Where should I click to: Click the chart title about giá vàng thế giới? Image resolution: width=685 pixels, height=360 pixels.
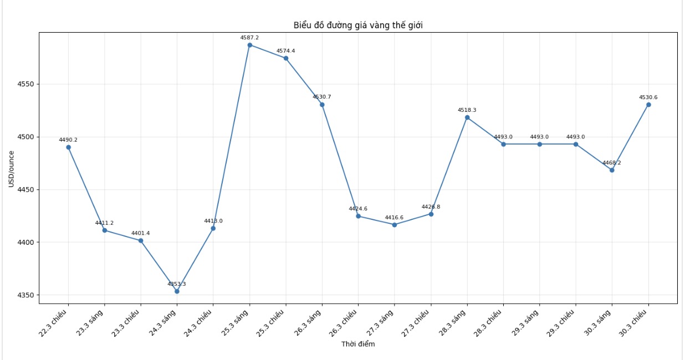pos(358,25)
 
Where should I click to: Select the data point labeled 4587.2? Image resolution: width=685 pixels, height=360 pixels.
pos(249,45)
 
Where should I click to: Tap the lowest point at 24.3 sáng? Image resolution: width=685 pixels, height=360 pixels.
pos(177,291)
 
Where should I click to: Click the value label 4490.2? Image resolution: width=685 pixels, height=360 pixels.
pos(68,140)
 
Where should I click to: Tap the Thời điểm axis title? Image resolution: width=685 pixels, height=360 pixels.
pos(358,344)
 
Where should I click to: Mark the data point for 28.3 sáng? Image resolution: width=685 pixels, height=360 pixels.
pos(467,117)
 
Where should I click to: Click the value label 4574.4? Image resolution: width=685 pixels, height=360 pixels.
pos(285,51)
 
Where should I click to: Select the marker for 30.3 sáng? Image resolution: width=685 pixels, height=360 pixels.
pos(612,170)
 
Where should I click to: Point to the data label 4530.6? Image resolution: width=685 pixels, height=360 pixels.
pos(648,97)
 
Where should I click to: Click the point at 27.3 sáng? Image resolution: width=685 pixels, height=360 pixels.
pos(395,225)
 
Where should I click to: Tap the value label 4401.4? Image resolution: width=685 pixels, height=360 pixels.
pos(141,233)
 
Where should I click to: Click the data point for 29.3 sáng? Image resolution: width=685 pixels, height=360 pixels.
pos(539,144)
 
